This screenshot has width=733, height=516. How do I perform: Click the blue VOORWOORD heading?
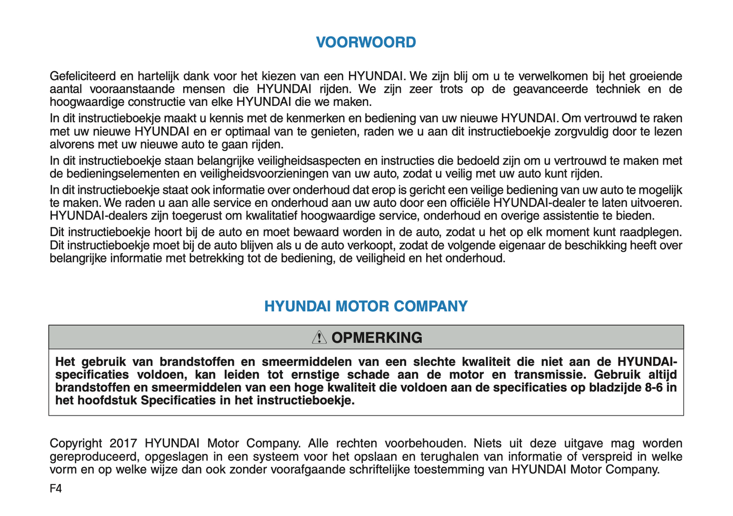point(366,42)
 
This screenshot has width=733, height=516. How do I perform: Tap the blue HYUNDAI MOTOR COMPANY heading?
point(366,306)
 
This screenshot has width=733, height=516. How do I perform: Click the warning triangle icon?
point(319,337)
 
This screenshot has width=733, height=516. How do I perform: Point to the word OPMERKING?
point(376,338)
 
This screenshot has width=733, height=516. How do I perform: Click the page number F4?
point(56,489)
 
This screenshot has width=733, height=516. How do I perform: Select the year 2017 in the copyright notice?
point(123,444)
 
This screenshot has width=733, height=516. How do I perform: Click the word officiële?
point(470,203)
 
